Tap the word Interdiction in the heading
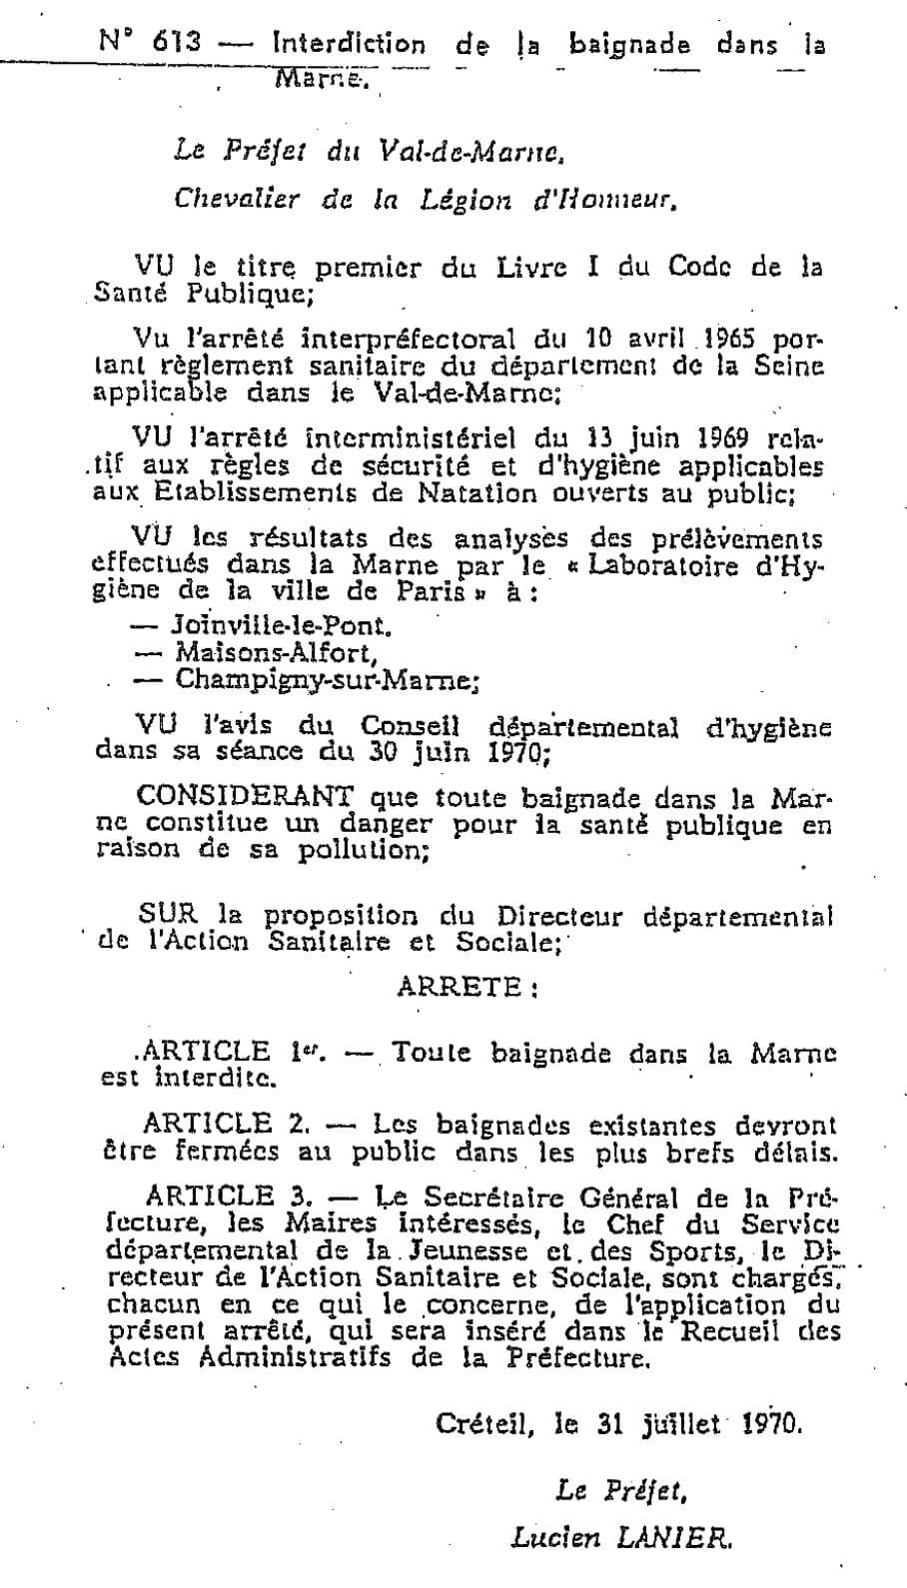tap(348, 44)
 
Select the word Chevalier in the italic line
tap(236, 199)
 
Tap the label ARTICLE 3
tap(229, 1195)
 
